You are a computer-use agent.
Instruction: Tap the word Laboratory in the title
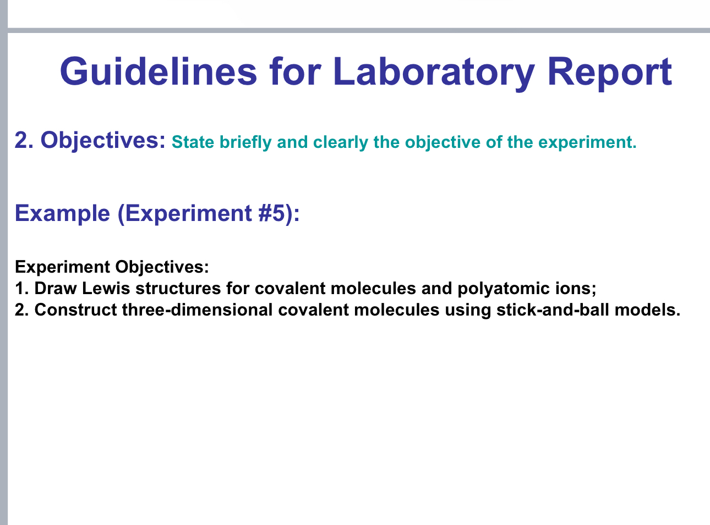click(434, 71)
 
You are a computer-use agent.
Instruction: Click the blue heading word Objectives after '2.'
click(103, 141)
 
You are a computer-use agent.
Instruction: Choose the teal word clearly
click(341, 142)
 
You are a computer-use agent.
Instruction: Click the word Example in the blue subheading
click(63, 213)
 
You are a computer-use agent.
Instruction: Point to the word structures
click(179, 289)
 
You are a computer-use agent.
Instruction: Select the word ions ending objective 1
click(576, 289)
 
